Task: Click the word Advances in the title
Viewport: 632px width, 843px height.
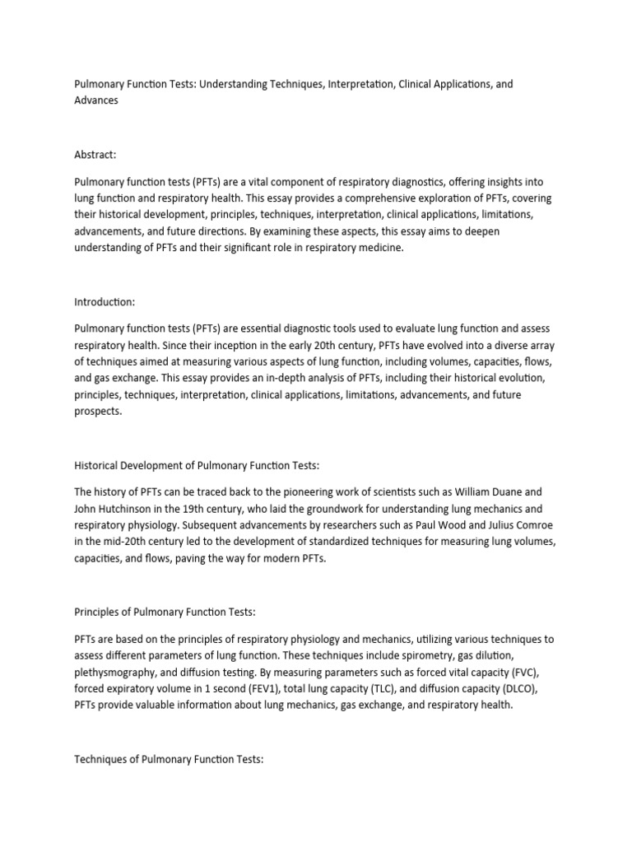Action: click(x=96, y=100)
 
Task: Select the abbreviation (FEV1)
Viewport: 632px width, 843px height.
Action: click(x=257, y=687)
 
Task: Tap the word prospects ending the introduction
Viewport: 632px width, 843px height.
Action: click(x=98, y=412)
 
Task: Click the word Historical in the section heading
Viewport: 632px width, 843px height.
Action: click(x=98, y=465)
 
